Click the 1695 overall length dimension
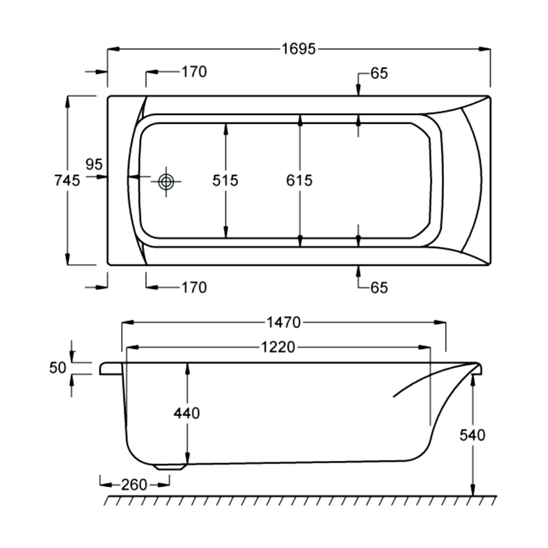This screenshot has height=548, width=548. point(298,49)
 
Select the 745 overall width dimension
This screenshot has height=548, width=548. point(67,180)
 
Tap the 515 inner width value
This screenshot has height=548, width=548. point(225,181)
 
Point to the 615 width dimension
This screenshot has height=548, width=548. point(299,181)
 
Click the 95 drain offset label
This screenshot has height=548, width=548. point(94,165)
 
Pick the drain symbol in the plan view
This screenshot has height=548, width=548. point(166,182)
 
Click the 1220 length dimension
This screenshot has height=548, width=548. point(277,347)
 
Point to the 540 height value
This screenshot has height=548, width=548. point(473,435)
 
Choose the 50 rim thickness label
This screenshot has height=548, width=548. point(58,368)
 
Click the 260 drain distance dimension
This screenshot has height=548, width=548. point(134,485)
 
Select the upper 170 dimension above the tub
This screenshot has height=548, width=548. point(194,72)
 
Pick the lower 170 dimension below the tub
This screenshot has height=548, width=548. point(194,288)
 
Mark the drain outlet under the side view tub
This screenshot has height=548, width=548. point(170,466)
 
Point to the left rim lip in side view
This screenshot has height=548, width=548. point(110,369)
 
